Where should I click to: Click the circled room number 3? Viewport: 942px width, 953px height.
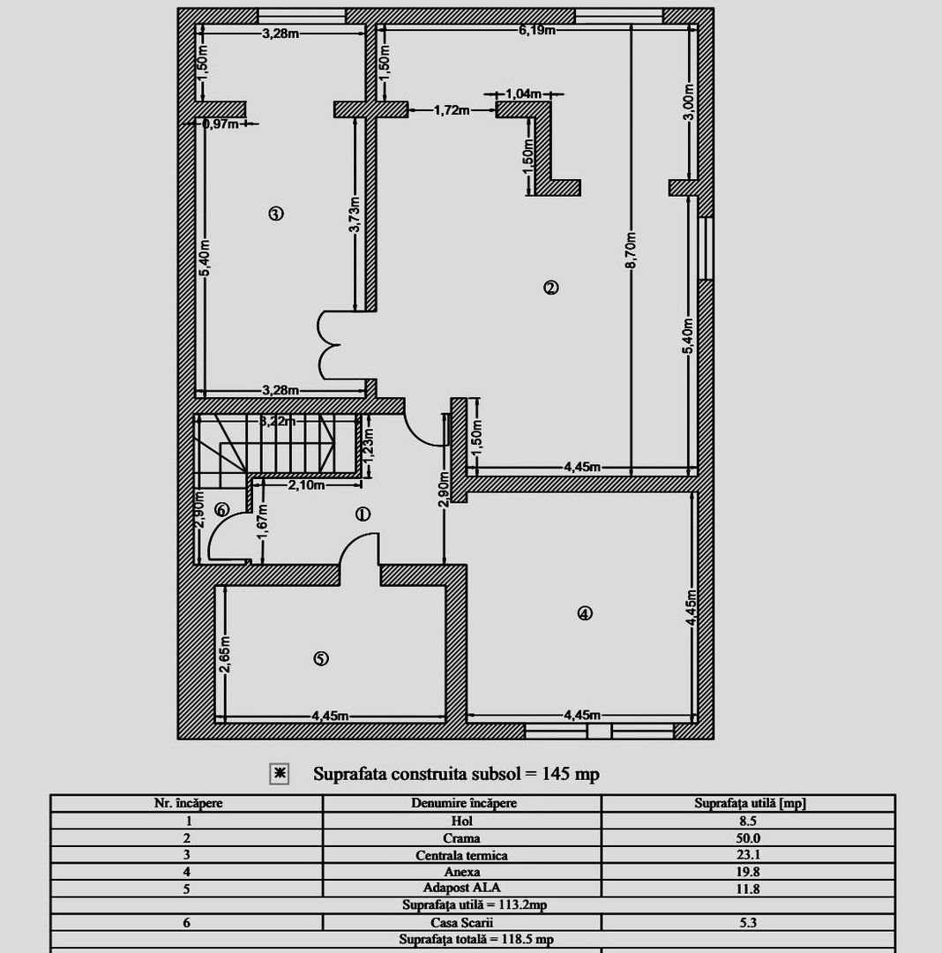pos(276,213)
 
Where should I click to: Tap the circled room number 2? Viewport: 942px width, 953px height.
pos(550,287)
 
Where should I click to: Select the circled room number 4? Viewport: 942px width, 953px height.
pos(584,613)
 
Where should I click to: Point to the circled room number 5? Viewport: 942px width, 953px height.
pos(321,658)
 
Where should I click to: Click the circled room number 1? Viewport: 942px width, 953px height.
pos(362,514)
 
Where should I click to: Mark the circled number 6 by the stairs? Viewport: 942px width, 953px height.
pos(221,509)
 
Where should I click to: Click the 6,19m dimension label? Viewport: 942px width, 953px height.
pos(536,30)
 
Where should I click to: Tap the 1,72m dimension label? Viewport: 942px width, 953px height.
pos(452,110)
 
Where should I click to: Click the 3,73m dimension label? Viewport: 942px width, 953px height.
pos(355,215)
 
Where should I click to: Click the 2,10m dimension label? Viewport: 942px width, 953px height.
pos(305,484)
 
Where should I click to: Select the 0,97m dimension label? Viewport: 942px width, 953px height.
pos(221,124)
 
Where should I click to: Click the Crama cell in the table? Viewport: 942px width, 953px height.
pos(462,838)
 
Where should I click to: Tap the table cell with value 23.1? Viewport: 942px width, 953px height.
pos(749,855)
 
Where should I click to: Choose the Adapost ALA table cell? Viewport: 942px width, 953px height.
pos(462,888)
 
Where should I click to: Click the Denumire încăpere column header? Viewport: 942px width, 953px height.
pos(462,803)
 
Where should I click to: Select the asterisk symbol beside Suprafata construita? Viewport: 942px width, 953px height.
pos(279,774)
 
